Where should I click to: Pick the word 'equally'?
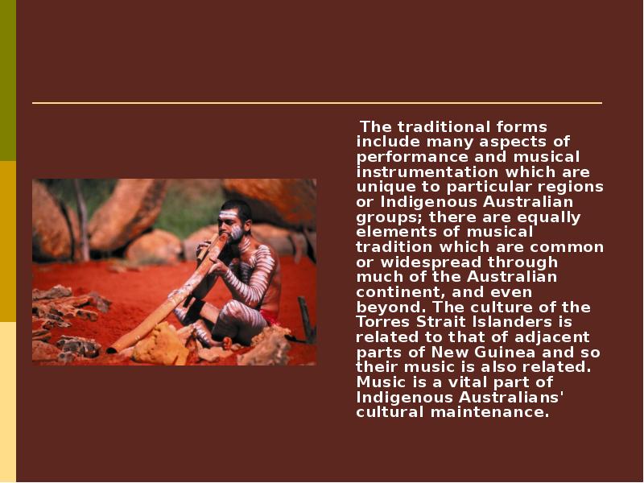tap(549, 217)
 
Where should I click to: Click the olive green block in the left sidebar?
tap(8, 80)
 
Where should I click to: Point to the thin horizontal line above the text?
tap(317, 103)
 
